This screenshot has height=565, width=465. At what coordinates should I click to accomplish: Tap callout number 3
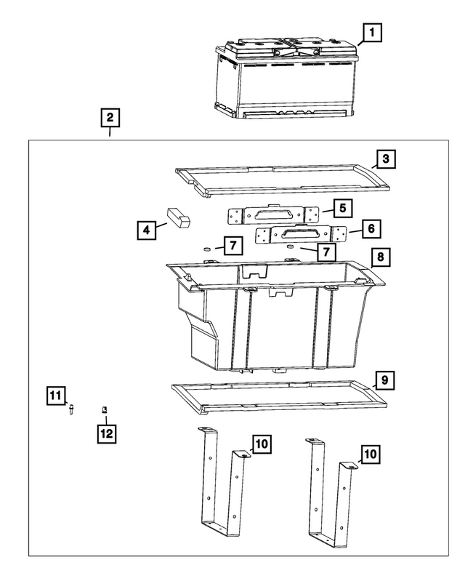coord(386,159)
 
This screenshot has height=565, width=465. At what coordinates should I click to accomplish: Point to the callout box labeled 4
coord(147,231)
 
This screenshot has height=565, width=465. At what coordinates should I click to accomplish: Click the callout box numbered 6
coord(371,228)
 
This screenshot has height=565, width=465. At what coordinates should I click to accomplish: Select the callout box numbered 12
coord(106,434)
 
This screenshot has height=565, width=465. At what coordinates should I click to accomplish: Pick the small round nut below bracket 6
coord(291,248)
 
